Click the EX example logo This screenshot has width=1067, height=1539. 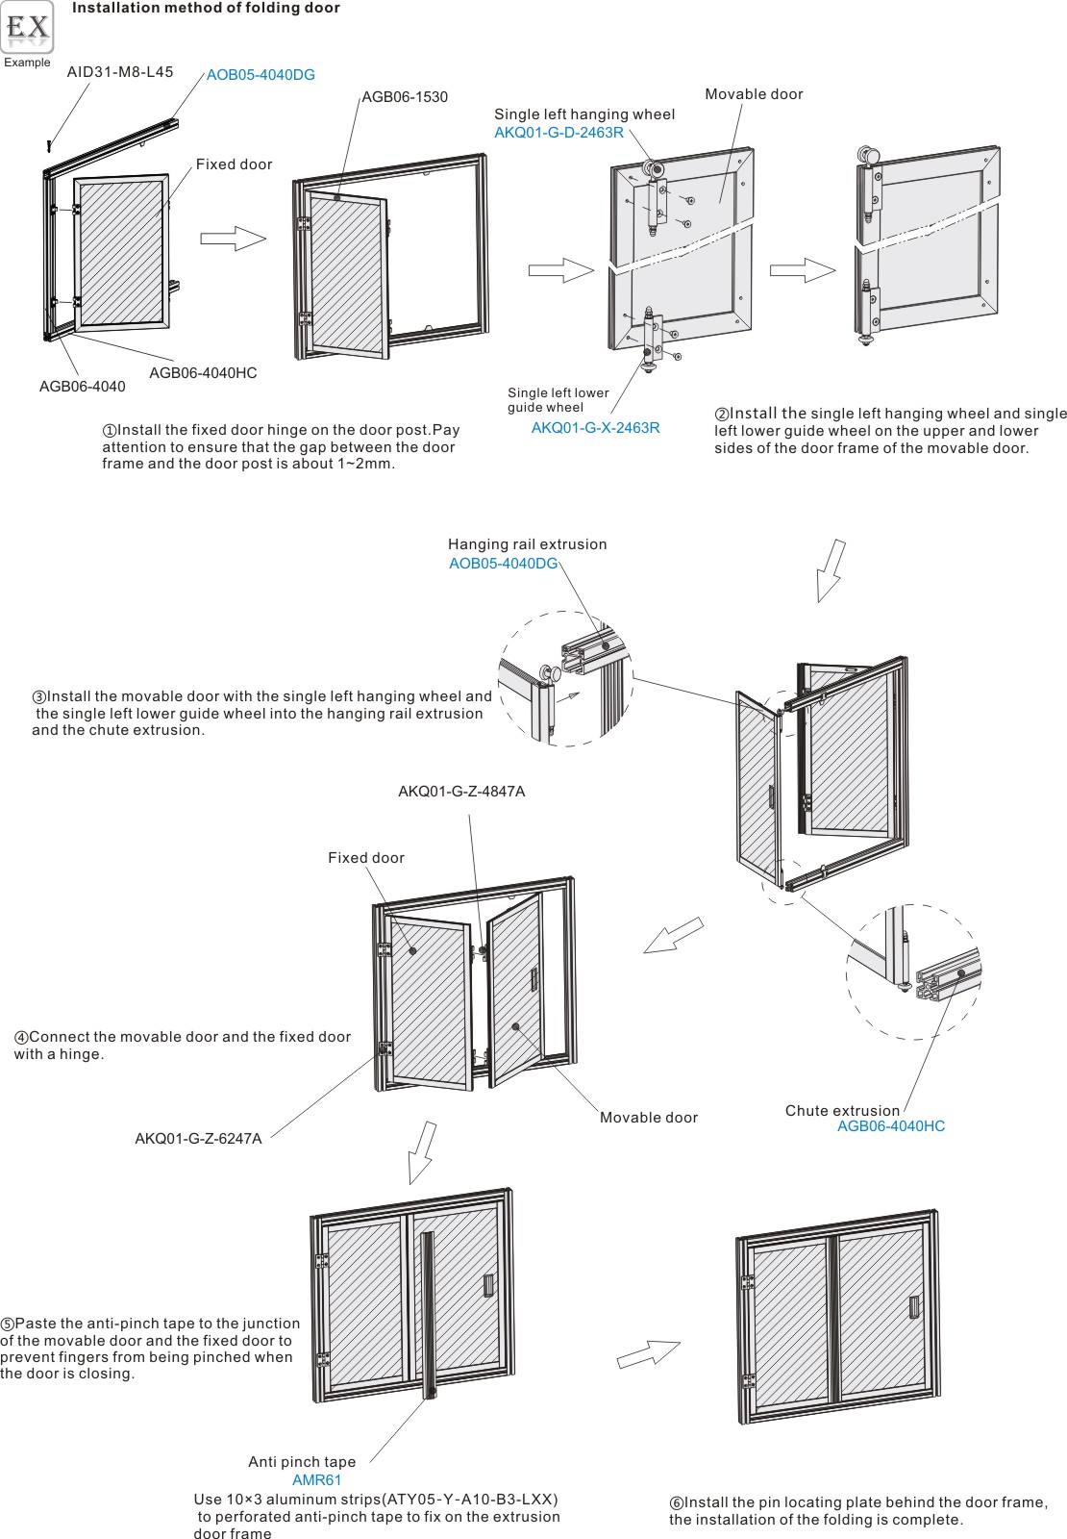[x=28, y=28]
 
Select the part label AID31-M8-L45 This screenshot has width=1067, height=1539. [x=120, y=72]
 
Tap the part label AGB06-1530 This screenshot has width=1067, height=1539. [x=405, y=97]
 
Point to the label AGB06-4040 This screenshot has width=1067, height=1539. [x=82, y=387]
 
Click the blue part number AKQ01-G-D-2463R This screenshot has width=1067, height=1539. [x=558, y=133]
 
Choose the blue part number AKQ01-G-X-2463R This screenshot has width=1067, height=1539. [x=595, y=428]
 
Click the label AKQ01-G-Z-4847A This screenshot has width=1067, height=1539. [x=461, y=792]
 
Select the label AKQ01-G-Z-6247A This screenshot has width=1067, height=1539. [x=198, y=1139]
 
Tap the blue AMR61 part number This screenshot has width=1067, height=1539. [x=316, y=1480]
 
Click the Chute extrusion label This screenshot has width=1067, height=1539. [x=842, y=1111]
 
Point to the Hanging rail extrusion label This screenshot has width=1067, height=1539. [x=527, y=544]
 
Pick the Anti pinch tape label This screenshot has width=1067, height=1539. [x=302, y=1462]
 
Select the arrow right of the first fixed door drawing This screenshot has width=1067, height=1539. [x=233, y=239]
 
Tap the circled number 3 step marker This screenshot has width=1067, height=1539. [x=39, y=697]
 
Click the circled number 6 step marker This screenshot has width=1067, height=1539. [x=676, y=1503]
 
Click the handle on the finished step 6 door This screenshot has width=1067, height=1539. [x=914, y=1307]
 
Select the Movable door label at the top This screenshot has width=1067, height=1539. [x=754, y=94]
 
